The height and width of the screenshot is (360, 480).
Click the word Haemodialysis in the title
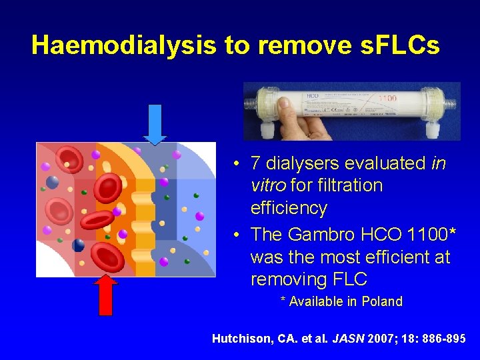point(125,45)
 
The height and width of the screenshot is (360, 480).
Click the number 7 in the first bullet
point(255,163)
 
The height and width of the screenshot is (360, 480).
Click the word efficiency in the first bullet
point(289,209)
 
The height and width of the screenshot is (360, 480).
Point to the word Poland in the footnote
point(382,301)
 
